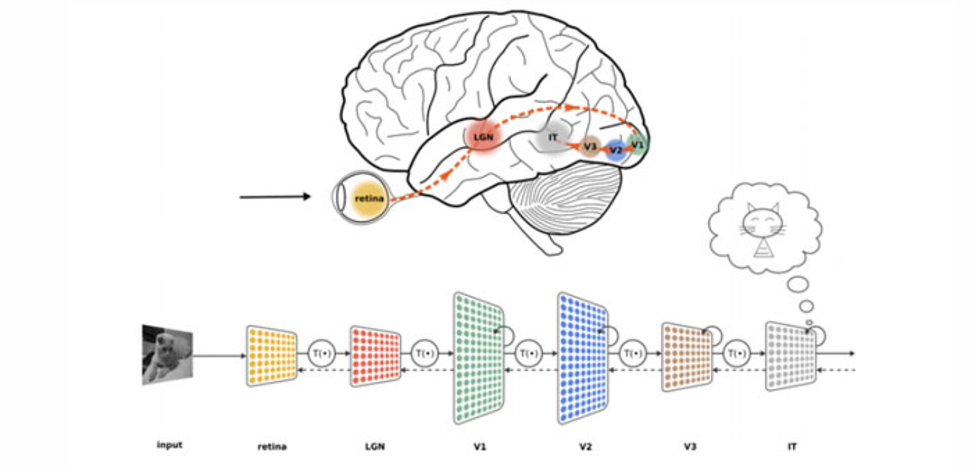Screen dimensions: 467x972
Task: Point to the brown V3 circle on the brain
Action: (x=590, y=146)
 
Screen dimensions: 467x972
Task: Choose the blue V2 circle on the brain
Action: (x=616, y=150)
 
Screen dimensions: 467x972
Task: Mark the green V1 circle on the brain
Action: (x=637, y=144)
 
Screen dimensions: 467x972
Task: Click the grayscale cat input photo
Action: (x=167, y=355)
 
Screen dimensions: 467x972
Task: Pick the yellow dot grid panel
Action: (x=272, y=356)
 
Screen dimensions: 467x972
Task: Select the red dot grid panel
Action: (x=375, y=356)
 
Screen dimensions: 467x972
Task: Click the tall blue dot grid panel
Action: (x=583, y=358)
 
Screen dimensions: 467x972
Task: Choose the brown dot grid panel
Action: (x=686, y=357)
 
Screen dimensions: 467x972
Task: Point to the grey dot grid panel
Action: (x=790, y=356)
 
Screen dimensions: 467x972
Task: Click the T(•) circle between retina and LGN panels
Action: (x=322, y=353)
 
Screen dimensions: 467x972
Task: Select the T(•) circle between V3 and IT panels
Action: (x=737, y=353)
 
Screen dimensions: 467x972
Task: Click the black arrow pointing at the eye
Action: (x=275, y=197)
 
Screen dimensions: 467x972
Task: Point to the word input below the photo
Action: (x=169, y=445)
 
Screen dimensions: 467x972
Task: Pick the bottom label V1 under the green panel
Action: (x=479, y=447)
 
